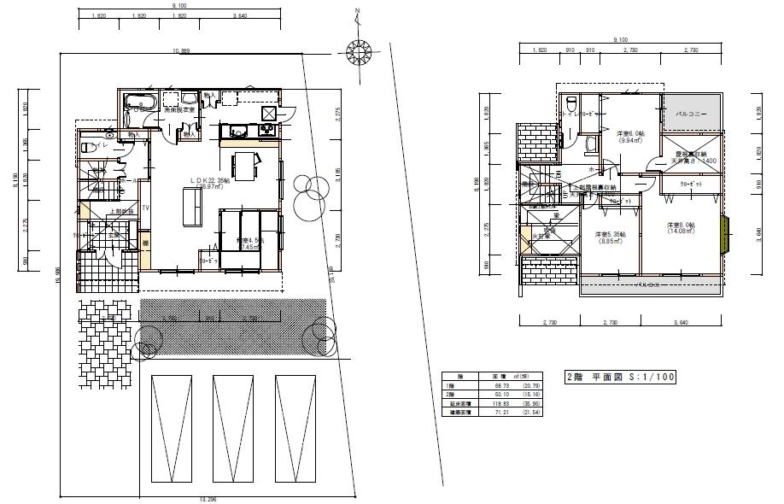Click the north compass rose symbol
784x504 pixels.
click(x=359, y=53)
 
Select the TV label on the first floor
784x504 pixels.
click(x=146, y=208)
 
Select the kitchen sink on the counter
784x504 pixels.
click(x=236, y=130)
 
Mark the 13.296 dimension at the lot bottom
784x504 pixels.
click(x=210, y=498)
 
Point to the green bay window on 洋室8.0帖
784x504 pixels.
click(x=727, y=236)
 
